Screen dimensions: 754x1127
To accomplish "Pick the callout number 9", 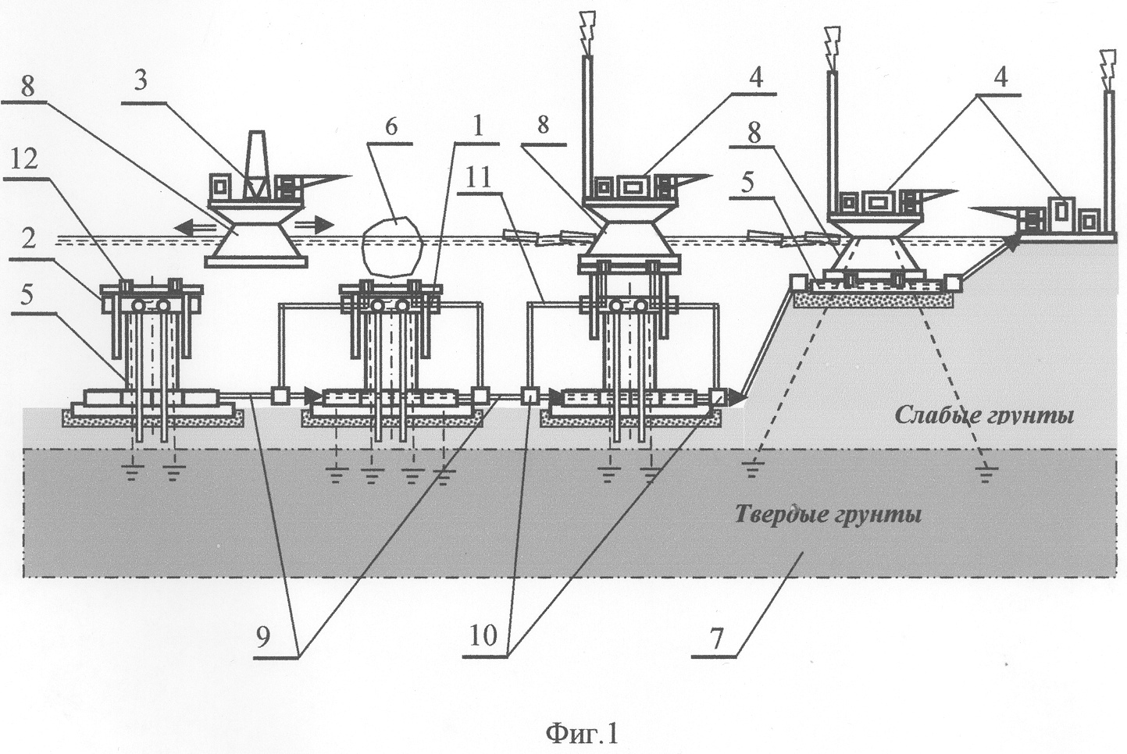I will click(263, 636).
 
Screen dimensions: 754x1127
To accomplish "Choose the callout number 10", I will click(483, 636).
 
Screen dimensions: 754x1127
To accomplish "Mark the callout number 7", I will click(717, 637).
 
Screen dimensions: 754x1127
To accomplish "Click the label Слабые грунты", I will click(983, 414).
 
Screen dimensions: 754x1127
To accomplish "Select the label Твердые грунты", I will click(828, 515).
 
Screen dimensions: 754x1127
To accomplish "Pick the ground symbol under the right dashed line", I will click(987, 470).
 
